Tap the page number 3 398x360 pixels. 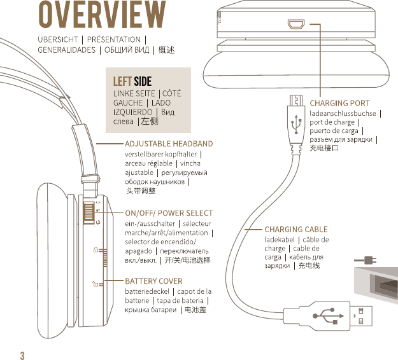coord(22,354)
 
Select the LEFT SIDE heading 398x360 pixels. coord(132,81)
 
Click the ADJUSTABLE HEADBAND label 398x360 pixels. coord(169,144)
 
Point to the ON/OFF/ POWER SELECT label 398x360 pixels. coord(169,213)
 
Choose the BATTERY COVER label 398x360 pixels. coord(153,280)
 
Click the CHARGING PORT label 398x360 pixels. coord(339,103)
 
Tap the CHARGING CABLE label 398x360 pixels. coord(296,229)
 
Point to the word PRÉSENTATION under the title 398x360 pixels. coord(114,39)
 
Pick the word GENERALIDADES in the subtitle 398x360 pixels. coord(66,50)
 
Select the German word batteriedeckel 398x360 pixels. coord(147,291)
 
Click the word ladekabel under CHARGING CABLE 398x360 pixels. coord(279,239)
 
